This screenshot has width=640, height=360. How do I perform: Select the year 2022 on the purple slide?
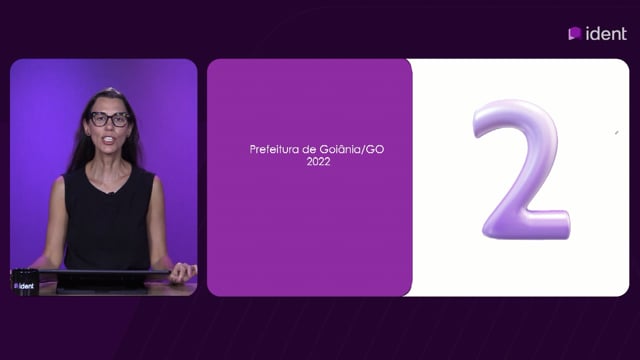[x=318, y=162]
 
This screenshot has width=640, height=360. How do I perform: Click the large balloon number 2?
[x=521, y=169]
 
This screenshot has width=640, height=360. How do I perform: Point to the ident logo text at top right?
[x=606, y=33]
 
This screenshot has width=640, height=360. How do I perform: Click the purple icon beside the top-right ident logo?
[x=575, y=33]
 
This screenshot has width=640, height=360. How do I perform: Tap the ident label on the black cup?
[x=24, y=286]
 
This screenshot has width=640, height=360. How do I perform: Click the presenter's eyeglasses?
[x=109, y=119]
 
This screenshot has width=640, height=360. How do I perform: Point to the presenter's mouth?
[x=109, y=140]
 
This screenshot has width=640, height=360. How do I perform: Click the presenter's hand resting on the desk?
[x=183, y=272]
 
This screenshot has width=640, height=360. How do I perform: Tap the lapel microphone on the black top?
[x=110, y=192]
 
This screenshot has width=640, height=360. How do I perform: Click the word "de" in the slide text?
[x=309, y=149]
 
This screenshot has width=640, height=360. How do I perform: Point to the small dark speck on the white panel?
[x=617, y=133]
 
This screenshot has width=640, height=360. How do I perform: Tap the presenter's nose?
[x=109, y=127]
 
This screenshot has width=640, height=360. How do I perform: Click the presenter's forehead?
[x=108, y=103]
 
